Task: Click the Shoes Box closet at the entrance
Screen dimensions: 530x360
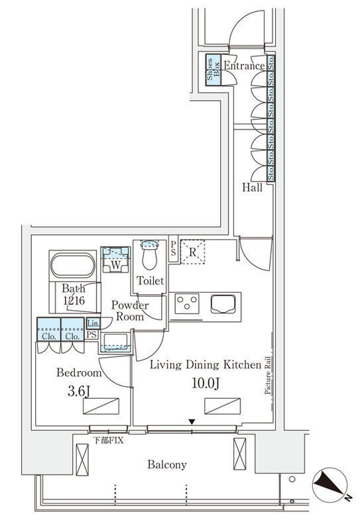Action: (213, 68)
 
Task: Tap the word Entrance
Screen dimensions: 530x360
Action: (243, 66)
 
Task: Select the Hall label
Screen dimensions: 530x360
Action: (252, 187)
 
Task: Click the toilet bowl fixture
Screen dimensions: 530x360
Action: (150, 254)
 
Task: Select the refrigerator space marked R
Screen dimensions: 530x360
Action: (192, 251)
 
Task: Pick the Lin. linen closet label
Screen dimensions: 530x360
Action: (92, 323)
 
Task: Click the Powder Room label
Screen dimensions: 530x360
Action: (129, 311)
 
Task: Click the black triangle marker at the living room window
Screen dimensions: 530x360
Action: (192, 422)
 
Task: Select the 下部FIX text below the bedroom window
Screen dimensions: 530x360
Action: (109, 439)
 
